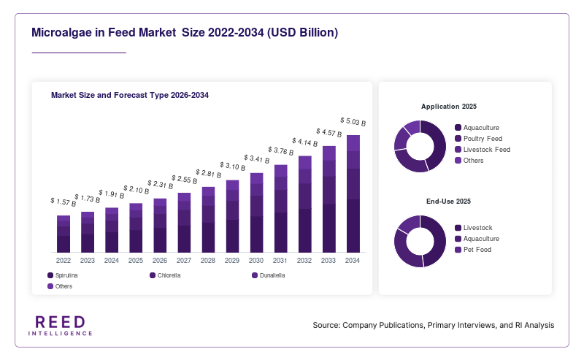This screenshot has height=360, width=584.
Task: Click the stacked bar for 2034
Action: (x=353, y=194)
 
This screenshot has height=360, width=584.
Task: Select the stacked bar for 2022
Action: (x=64, y=234)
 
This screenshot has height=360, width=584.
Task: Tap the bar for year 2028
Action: (x=208, y=220)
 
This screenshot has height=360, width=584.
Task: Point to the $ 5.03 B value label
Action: (x=353, y=122)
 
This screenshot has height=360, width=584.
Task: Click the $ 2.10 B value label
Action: (x=137, y=190)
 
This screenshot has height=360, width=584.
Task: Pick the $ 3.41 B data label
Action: (x=257, y=159)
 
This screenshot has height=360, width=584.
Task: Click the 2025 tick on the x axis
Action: (x=136, y=261)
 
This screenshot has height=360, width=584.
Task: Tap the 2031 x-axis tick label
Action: (x=280, y=261)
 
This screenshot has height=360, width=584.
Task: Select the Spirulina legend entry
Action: (x=63, y=275)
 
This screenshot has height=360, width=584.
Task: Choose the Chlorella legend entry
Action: (x=165, y=275)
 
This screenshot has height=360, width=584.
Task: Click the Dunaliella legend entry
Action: (x=269, y=275)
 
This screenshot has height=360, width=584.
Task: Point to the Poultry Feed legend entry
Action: (x=479, y=139)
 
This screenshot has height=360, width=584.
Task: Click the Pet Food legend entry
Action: (x=473, y=250)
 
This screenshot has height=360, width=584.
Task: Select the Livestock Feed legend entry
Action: (x=483, y=150)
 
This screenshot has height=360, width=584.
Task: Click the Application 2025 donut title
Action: (x=449, y=107)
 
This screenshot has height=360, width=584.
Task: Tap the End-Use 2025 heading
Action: (x=448, y=202)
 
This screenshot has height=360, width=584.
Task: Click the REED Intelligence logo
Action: (x=61, y=326)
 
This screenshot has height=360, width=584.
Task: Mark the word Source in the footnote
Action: (x=326, y=326)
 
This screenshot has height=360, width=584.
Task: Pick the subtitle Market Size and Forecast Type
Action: (x=109, y=96)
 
